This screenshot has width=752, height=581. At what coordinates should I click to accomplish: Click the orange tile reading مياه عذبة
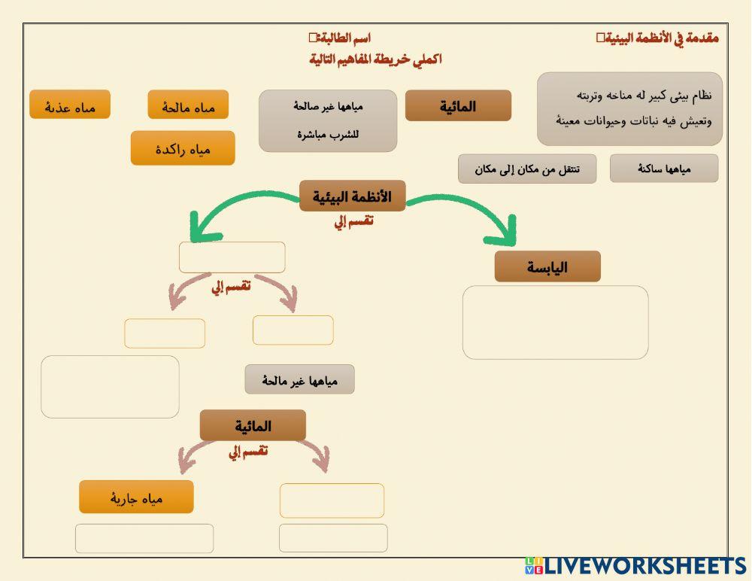[70, 105]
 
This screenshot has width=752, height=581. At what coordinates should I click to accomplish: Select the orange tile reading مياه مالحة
[188, 105]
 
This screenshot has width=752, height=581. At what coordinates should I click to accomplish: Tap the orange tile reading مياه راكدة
[183, 148]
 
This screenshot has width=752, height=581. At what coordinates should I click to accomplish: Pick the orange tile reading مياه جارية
[136, 497]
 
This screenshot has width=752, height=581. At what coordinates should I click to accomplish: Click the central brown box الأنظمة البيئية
[352, 196]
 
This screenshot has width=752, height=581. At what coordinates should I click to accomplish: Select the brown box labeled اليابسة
[547, 266]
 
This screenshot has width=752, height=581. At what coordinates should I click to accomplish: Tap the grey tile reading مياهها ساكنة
[664, 169]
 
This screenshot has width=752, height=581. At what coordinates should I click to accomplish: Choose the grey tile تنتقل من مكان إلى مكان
[527, 169]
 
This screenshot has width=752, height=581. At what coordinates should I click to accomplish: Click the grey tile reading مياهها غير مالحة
[299, 379]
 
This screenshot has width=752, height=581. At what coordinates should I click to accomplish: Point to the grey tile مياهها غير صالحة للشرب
[328, 120]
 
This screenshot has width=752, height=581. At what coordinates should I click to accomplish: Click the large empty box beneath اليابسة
[555, 322]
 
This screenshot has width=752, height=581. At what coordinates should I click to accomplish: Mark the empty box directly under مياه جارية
[144, 538]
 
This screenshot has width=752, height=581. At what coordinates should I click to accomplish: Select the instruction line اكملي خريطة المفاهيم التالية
[375, 59]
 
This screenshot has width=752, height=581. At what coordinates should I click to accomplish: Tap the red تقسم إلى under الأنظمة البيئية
[353, 221]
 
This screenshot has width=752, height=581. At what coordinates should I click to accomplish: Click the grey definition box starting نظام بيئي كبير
[629, 108]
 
